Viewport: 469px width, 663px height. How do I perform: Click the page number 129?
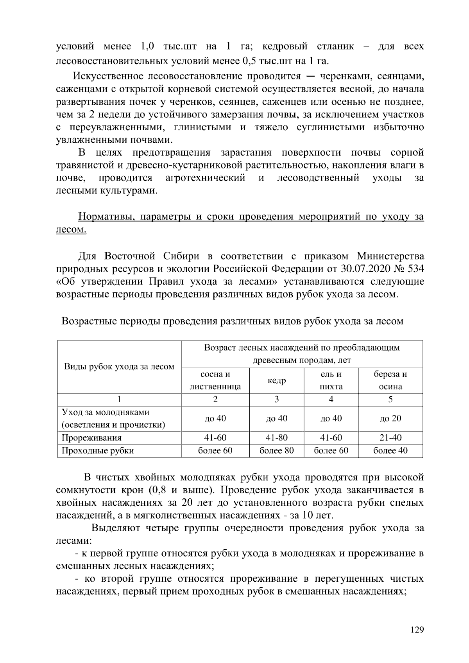point(417,630)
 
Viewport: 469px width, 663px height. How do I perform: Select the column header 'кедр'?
point(276,381)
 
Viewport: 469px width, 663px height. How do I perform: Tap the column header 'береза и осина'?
point(390,380)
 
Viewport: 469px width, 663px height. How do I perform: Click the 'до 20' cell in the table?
point(390,419)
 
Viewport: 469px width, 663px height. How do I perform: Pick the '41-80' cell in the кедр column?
point(276,438)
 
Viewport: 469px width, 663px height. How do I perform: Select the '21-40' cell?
point(390,438)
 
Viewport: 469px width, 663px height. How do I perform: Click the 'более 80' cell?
point(276,451)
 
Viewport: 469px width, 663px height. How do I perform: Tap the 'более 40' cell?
point(390,451)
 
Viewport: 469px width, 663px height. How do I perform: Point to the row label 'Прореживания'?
point(91,438)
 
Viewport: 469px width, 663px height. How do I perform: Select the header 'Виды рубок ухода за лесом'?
point(119,367)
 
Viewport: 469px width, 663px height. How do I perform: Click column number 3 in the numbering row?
point(276,400)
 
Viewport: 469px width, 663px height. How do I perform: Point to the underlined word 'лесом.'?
point(71,229)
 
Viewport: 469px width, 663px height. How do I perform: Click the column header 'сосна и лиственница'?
point(215,380)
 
